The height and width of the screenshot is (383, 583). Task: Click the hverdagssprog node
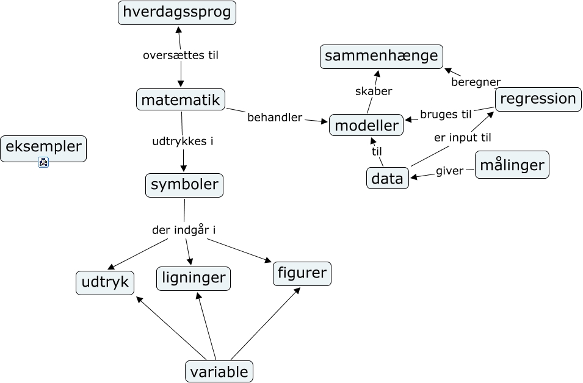(176, 13)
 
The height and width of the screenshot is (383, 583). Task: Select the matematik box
(180, 99)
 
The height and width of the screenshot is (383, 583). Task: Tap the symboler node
(184, 185)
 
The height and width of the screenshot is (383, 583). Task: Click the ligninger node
(194, 278)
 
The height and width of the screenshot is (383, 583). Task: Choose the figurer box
(302, 273)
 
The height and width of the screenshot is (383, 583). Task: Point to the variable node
(219, 371)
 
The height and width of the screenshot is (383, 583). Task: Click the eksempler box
(43, 147)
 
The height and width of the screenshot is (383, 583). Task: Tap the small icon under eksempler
(43, 162)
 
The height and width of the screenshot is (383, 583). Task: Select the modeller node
(366, 126)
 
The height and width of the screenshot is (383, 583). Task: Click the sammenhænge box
(381, 56)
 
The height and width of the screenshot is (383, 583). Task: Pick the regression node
(537, 99)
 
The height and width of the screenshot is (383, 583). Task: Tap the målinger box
(512, 165)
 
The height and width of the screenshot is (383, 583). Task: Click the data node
(388, 178)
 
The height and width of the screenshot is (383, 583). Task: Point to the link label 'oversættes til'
(180, 55)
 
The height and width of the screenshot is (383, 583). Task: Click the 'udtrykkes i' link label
(182, 141)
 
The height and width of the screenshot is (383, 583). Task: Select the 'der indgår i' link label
(184, 230)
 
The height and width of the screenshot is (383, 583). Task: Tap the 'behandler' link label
(275, 117)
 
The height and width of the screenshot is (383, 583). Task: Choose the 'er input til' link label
(462, 137)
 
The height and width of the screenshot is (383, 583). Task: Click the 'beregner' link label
(476, 82)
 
